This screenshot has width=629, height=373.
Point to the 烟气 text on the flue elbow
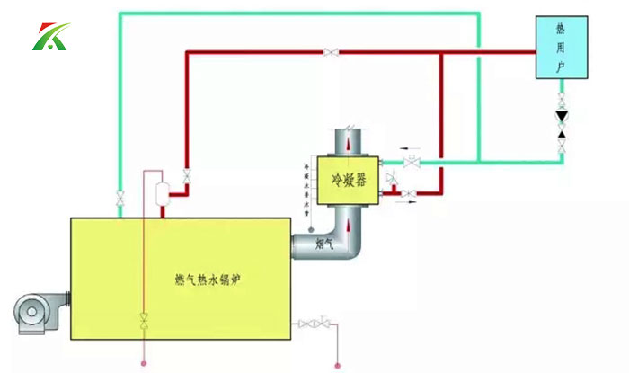coord(324,243)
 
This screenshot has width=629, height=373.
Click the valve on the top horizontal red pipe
coord(332,53)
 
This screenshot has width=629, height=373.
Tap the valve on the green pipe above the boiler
coord(120,196)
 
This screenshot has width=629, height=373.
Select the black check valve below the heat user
coord(563,117)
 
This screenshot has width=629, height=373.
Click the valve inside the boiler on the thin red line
coord(144,319)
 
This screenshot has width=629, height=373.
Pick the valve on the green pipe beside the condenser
coord(412,163)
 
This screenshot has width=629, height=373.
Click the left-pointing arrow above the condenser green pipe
coord(410,149)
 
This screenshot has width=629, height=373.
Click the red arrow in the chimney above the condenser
coord(347,144)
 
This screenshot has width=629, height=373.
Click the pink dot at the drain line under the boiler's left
coord(144,364)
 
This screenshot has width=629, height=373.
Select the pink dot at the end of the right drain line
coord(337,364)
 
